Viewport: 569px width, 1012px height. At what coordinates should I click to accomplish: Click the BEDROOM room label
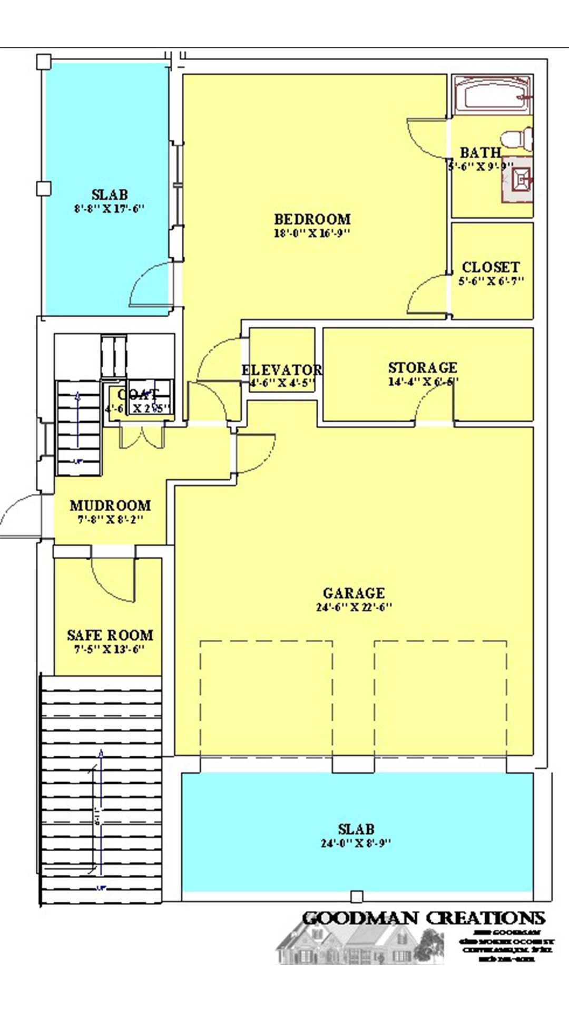coord(312,219)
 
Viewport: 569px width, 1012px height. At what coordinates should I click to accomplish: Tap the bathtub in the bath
coord(492,95)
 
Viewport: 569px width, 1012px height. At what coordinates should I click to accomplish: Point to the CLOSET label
coord(490,267)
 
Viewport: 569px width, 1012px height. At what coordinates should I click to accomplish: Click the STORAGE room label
coord(423,367)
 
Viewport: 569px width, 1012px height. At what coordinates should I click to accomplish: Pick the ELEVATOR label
coord(282,370)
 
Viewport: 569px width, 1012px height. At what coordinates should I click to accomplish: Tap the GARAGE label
coord(354,593)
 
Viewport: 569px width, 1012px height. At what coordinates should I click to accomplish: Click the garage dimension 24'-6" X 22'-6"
coord(354,607)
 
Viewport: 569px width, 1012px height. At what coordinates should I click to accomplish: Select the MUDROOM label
coord(110,505)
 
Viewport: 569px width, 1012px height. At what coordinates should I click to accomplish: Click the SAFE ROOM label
coord(110,635)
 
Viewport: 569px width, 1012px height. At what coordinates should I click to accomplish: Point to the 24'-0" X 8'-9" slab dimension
coord(356,843)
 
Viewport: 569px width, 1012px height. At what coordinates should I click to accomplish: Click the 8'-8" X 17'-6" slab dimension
coord(109,209)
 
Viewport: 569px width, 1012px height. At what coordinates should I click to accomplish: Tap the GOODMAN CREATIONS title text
coord(423,918)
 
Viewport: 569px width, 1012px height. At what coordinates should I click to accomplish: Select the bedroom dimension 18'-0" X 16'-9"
coord(312,233)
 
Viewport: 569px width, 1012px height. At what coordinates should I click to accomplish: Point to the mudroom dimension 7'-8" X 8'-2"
coord(110,520)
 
